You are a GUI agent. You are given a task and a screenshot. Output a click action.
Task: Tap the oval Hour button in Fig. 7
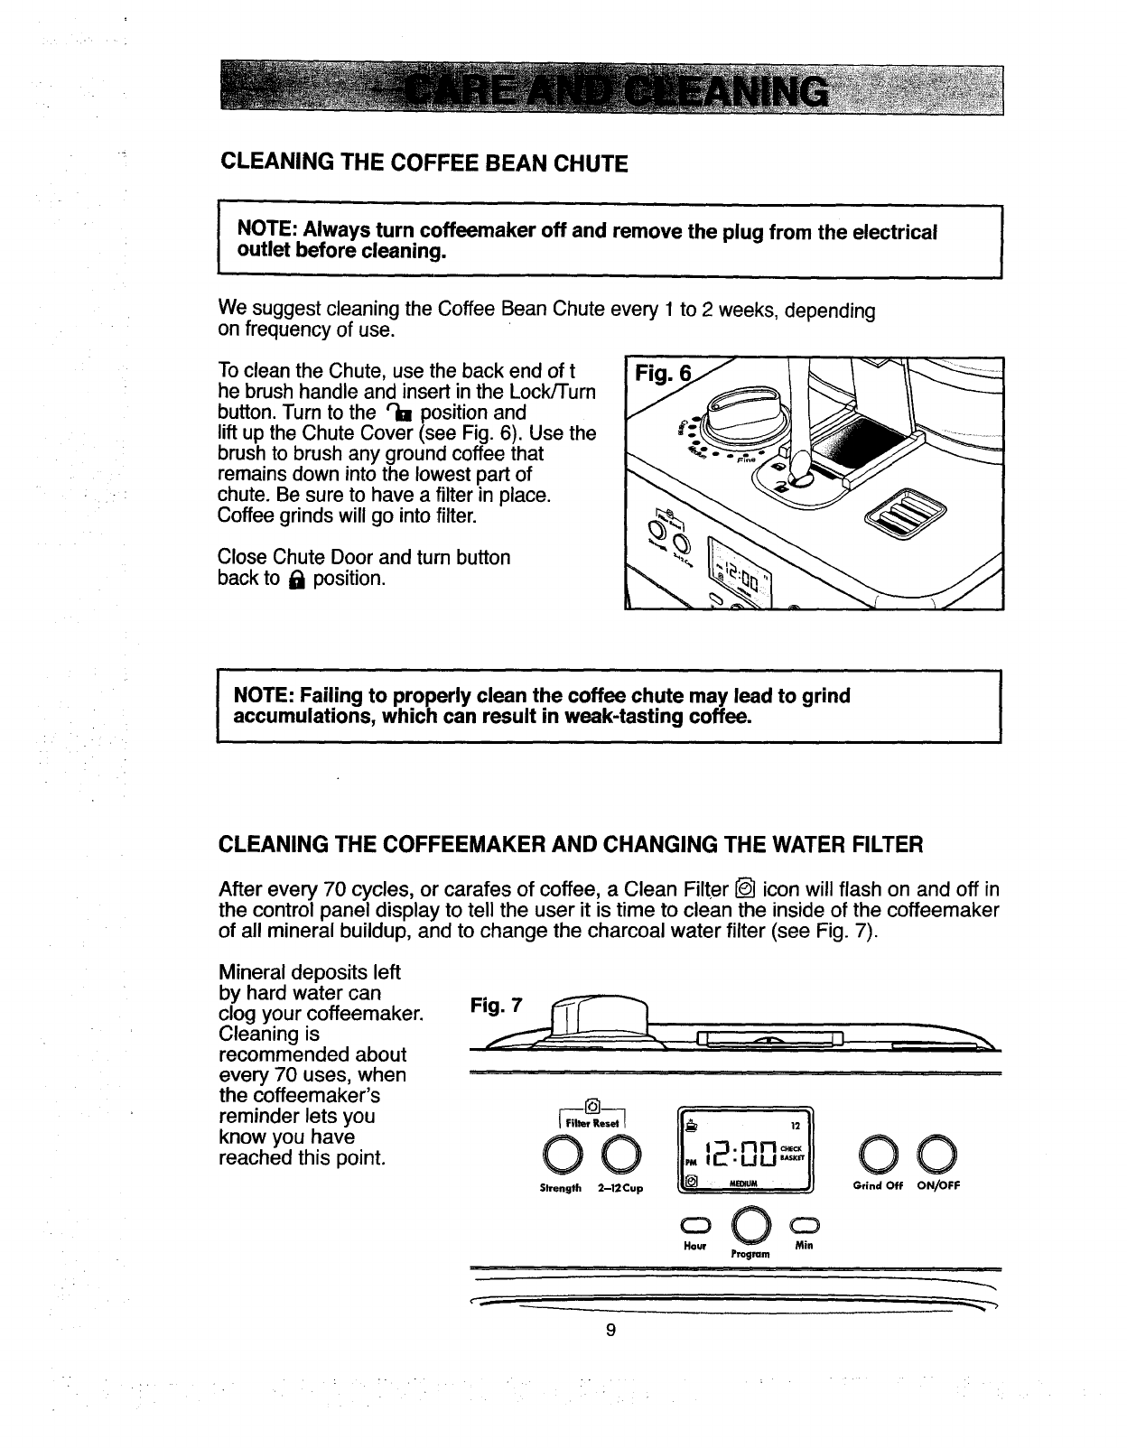tap(697, 1226)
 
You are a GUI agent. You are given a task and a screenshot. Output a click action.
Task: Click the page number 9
tap(611, 1330)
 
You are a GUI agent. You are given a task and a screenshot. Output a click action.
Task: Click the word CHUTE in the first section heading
tap(590, 163)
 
